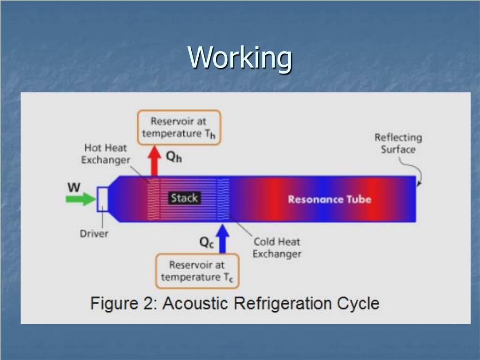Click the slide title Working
click(x=240, y=58)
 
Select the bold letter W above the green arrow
click(x=74, y=187)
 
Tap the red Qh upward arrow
click(x=154, y=161)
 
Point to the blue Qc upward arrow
click(x=223, y=239)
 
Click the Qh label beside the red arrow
click(x=174, y=157)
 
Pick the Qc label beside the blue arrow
click(x=207, y=242)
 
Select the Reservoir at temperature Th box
click(x=179, y=127)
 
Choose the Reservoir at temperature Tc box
click(x=197, y=271)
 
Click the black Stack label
click(x=184, y=198)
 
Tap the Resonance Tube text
click(x=330, y=199)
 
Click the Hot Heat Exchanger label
click(x=105, y=154)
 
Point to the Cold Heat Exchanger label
click(x=277, y=247)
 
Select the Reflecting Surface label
click(x=398, y=143)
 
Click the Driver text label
click(x=94, y=233)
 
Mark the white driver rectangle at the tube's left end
click(x=102, y=199)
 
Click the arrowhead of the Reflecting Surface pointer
click(x=419, y=183)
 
